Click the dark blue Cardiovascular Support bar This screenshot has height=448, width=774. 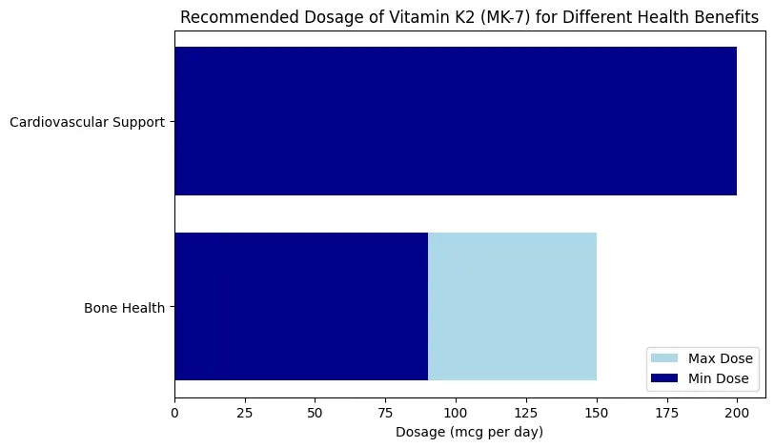(456, 121)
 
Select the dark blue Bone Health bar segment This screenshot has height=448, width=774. (301, 307)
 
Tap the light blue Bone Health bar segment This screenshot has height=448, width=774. (512, 307)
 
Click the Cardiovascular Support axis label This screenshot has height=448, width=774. (87, 122)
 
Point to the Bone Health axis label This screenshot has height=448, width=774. (124, 308)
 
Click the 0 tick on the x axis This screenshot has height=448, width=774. (174, 413)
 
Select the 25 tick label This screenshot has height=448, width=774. (245, 413)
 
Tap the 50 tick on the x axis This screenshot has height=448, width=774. (316, 413)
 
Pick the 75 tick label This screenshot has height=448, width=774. (385, 413)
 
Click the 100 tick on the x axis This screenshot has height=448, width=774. (456, 413)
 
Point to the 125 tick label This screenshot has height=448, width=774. (526, 413)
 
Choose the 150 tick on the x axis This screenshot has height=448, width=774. (597, 413)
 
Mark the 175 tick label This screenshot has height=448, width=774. (667, 413)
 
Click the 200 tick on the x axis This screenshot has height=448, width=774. (737, 413)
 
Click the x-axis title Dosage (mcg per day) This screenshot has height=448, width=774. (469, 433)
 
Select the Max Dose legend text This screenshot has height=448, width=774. (721, 358)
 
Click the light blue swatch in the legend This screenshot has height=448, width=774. (664, 358)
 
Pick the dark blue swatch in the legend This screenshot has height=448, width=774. (664, 378)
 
